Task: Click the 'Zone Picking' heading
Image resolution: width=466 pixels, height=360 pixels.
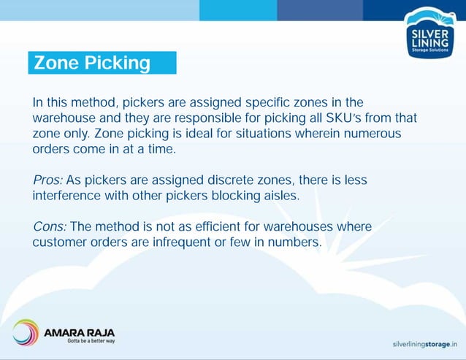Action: (93, 64)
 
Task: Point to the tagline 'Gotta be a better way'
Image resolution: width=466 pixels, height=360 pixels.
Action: (91, 340)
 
